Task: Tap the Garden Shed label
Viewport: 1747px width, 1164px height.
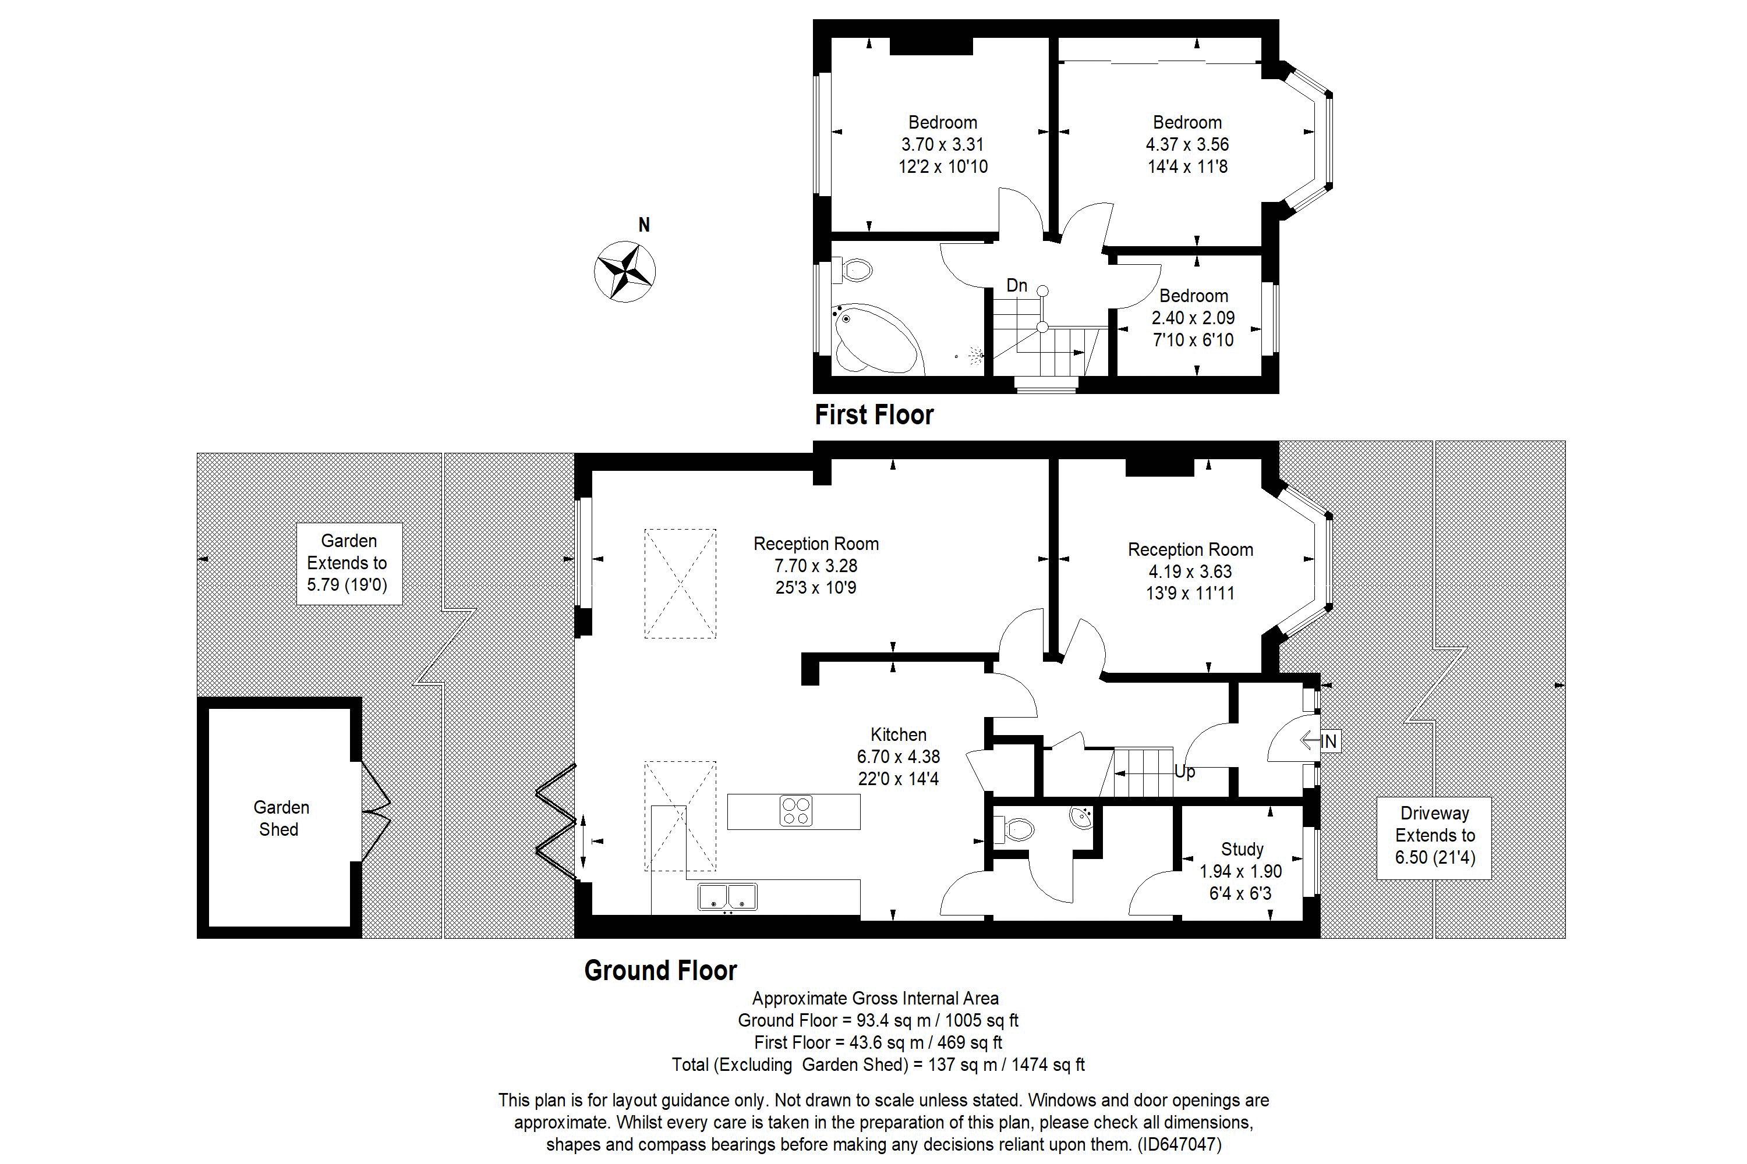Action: (281, 818)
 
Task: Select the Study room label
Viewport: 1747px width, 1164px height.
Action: (1242, 849)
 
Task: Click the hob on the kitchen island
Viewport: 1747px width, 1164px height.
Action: (795, 811)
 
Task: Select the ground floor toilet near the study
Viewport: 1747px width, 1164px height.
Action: (1014, 829)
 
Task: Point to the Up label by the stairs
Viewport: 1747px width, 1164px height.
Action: (1184, 772)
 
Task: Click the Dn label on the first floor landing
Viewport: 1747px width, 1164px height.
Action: (1016, 285)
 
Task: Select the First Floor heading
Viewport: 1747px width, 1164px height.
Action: (873, 415)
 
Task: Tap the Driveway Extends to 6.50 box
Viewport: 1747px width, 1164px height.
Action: (1434, 835)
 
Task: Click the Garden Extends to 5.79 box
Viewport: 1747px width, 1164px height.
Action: (348, 563)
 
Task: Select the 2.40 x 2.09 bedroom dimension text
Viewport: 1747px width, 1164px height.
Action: (1193, 318)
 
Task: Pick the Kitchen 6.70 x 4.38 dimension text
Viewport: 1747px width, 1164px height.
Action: (898, 757)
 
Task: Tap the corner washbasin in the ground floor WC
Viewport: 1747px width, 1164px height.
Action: (1081, 817)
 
